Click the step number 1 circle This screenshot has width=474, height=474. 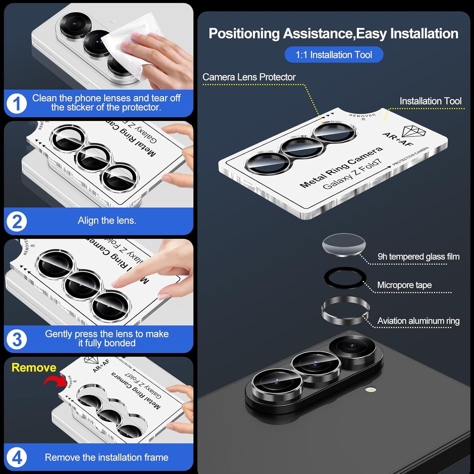pyautogui.click(x=16, y=104)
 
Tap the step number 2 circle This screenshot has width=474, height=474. pyautogui.click(x=16, y=221)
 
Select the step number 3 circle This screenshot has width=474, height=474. pyautogui.click(x=16, y=340)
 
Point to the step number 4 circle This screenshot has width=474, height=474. pyautogui.click(x=16, y=457)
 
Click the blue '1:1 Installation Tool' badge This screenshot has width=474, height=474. pyautogui.click(x=334, y=55)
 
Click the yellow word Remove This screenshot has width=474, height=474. pyautogui.click(x=34, y=367)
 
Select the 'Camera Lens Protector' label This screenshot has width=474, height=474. pyautogui.click(x=249, y=77)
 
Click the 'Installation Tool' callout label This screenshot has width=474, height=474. pyautogui.click(x=430, y=101)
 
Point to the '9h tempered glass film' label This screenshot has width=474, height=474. pyautogui.click(x=418, y=257)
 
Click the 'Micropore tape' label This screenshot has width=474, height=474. pyautogui.click(x=404, y=285)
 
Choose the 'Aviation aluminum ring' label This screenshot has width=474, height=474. pyautogui.click(x=418, y=321)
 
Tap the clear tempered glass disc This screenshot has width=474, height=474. pyautogui.click(x=344, y=245)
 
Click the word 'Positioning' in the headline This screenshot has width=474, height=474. pyautogui.click(x=244, y=34)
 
